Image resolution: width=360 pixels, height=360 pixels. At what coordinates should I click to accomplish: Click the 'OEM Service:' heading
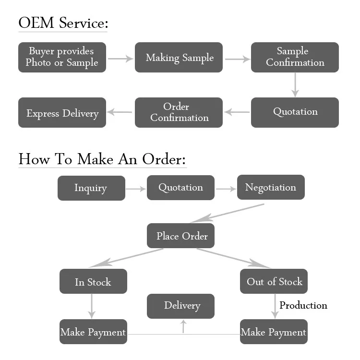tap(63, 23)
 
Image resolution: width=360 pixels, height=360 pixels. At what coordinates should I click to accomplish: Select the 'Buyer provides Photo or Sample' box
tap(62, 57)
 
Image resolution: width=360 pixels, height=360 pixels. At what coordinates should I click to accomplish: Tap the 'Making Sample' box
tap(179, 58)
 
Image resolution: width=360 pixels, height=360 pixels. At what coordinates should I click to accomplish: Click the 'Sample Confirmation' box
tap(295, 57)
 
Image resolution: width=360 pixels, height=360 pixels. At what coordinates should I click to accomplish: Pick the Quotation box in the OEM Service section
tap(295, 112)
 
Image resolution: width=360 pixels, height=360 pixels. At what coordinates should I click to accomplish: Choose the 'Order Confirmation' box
tap(179, 112)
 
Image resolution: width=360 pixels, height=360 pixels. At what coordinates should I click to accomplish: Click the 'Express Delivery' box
tap(62, 113)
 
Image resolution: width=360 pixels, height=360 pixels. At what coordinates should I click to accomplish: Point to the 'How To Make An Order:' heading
tap(102, 159)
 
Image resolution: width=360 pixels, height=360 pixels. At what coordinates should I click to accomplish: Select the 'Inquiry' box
tap(91, 188)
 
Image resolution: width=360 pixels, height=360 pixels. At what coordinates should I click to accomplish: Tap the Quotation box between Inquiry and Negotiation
tap(180, 188)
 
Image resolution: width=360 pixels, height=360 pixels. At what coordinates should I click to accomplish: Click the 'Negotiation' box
tap(271, 187)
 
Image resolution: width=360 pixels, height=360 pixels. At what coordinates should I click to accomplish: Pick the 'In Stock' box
tap(93, 281)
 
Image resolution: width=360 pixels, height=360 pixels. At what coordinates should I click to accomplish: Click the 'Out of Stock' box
tap(274, 281)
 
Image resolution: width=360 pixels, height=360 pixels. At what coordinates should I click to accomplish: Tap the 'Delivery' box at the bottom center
tap(180, 306)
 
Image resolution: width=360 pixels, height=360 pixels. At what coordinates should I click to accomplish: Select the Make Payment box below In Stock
tap(93, 332)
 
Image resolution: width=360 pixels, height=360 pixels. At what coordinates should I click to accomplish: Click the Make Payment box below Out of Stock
tap(274, 332)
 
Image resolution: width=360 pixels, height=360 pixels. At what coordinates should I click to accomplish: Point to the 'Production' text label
tap(303, 305)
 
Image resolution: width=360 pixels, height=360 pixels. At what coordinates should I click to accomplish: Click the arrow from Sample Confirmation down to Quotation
tap(295, 85)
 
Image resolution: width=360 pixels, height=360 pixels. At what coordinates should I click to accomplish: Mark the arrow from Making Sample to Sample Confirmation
tap(237, 60)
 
